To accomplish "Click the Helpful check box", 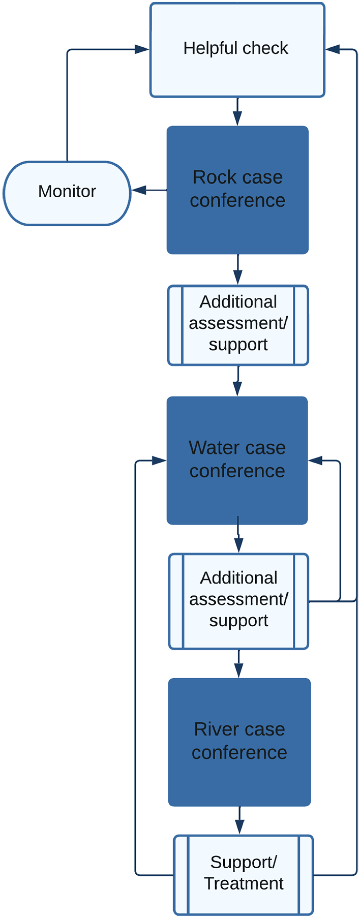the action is tap(237, 50).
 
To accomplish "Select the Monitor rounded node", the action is tap(67, 193).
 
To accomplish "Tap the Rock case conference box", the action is tap(237, 190).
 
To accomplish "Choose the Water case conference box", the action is tap(237, 461).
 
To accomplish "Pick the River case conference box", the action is tap(239, 742).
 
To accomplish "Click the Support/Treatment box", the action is tap(244, 875).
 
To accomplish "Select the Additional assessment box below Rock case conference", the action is tap(238, 325).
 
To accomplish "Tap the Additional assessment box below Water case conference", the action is tap(238, 601).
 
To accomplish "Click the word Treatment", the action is tap(244, 883).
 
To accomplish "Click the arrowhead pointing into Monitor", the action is tap(139, 190).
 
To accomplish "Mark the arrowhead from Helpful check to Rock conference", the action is tap(237, 118).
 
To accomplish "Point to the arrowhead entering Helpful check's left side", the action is tap(142, 49).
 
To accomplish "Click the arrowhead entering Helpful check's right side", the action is tap(333, 49).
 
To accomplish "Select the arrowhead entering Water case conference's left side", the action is tap(159, 461).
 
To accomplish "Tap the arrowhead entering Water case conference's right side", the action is tap(316, 461).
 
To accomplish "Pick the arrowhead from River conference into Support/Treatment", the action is tap(239, 827).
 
